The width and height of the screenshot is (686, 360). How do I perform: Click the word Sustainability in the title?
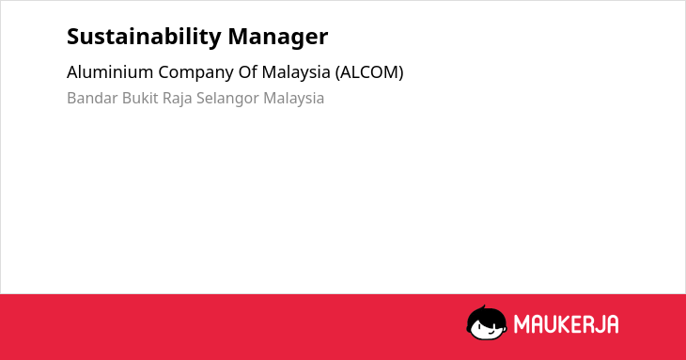(144, 38)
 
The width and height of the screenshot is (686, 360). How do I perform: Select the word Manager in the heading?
(278, 38)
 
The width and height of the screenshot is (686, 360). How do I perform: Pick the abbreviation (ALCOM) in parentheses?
(369, 72)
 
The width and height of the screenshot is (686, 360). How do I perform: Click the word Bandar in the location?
(92, 98)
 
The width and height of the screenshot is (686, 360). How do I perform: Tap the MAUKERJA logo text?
(566, 324)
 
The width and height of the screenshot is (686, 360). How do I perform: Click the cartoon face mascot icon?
(487, 322)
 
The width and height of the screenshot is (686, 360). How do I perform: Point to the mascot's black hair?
(486, 314)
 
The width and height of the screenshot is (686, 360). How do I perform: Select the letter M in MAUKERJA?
(522, 324)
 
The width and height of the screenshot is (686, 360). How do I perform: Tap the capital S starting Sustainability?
(73, 38)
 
